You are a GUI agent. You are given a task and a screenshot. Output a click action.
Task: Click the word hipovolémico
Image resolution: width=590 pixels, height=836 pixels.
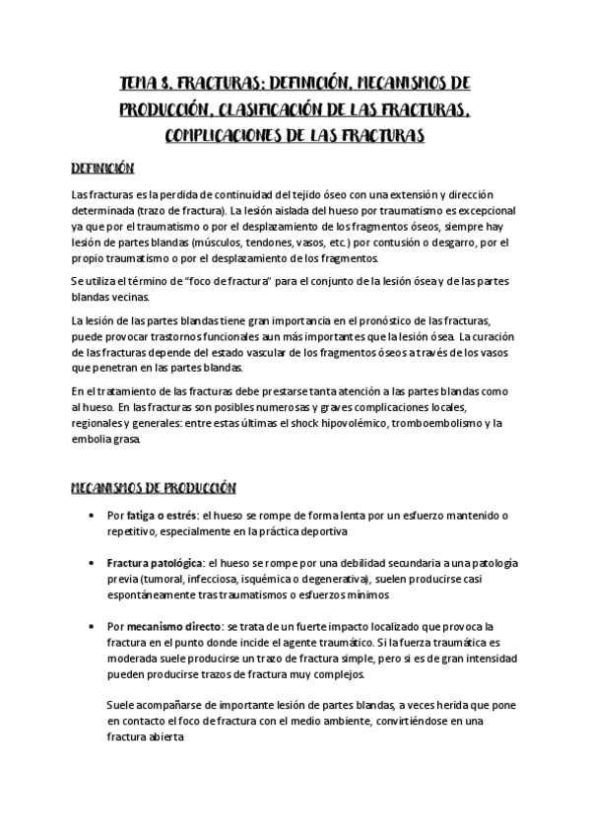(346, 424)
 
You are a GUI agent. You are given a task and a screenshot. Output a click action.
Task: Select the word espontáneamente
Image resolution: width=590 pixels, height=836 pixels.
(152, 594)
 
